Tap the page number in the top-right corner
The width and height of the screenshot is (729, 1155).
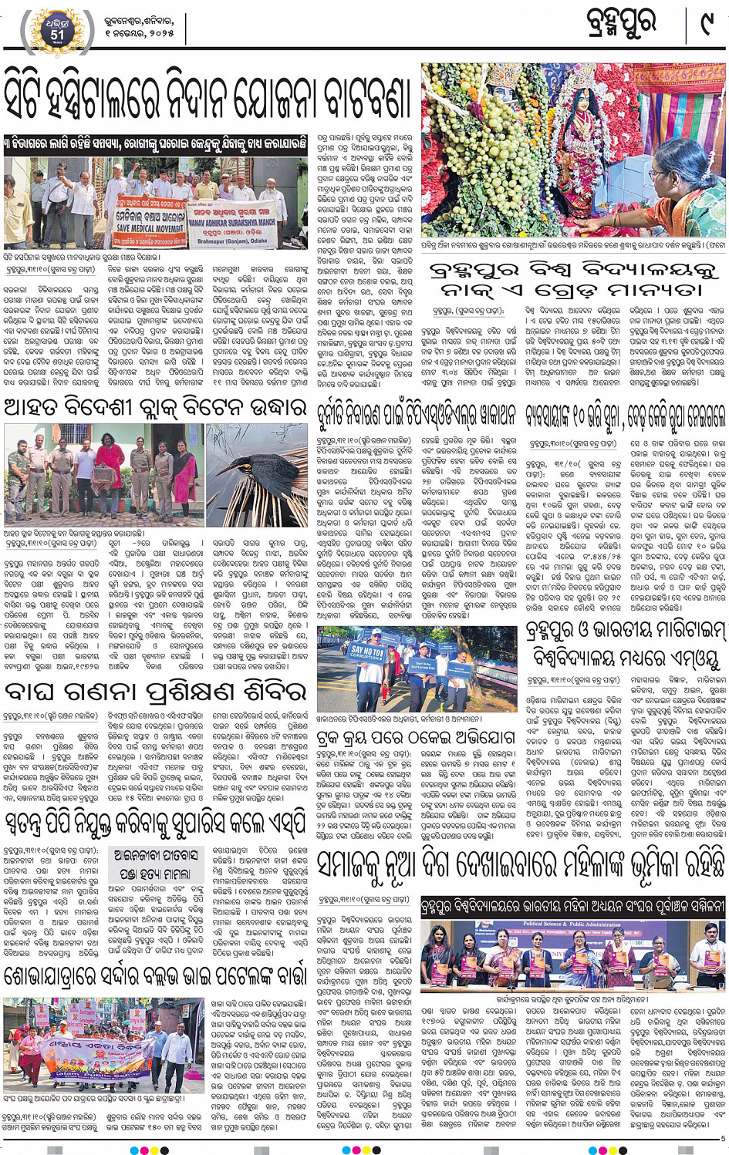(x=704, y=25)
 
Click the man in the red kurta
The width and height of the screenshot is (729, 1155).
(x=110, y=466)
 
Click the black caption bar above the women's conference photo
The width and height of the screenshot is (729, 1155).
(x=572, y=907)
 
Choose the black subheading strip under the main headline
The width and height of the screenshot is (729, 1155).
(x=155, y=145)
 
